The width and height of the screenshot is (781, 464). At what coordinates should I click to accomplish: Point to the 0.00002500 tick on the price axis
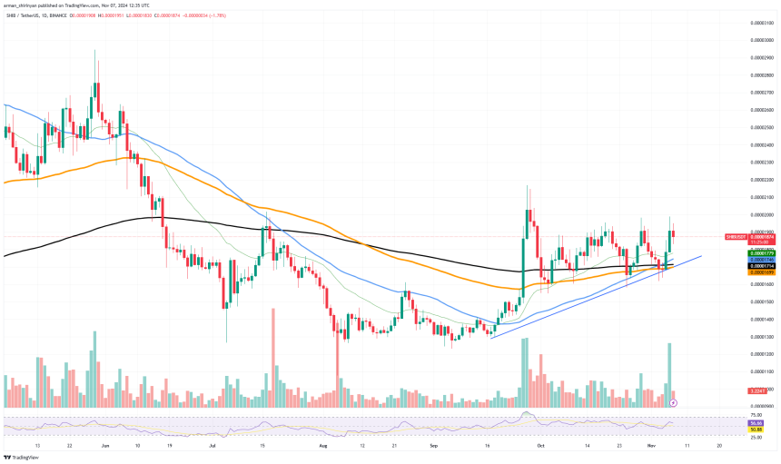pyautogui.click(x=761, y=127)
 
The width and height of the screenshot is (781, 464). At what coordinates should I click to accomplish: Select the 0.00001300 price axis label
pyautogui.click(x=761, y=337)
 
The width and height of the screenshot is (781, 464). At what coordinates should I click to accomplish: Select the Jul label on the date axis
pyautogui.click(x=213, y=447)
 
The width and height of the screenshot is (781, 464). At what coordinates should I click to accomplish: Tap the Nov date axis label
pyautogui.click(x=639, y=447)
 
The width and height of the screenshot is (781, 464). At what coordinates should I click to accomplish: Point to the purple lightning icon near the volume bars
pyautogui.click(x=673, y=401)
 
